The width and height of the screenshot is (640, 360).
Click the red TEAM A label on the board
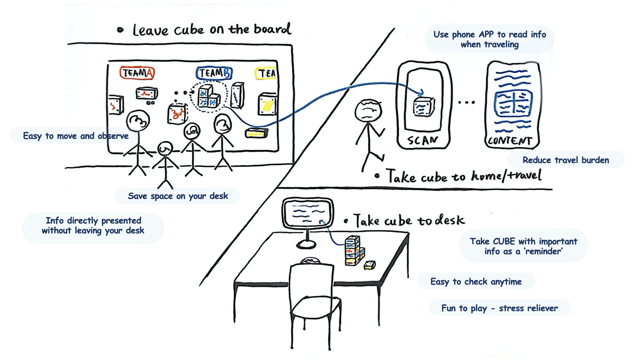click(x=137, y=73)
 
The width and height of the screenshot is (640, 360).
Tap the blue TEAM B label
click(x=214, y=73)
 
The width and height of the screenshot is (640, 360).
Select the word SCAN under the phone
click(x=422, y=140)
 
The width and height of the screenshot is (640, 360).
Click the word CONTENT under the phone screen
click(x=510, y=141)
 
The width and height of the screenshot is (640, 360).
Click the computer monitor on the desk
click(x=307, y=213)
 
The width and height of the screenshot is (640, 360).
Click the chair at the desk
click(x=313, y=300)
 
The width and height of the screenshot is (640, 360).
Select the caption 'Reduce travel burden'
click(x=566, y=160)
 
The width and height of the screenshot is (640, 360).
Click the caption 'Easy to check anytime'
click(x=476, y=282)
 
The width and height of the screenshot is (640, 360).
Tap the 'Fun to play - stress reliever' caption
click(x=499, y=308)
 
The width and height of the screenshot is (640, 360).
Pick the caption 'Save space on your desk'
click(x=178, y=196)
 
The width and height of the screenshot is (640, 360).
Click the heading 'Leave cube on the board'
click(x=212, y=30)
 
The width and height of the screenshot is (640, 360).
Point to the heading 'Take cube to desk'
click(x=409, y=221)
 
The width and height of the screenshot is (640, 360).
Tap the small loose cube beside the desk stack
click(x=369, y=265)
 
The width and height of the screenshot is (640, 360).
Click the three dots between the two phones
click(x=466, y=102)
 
